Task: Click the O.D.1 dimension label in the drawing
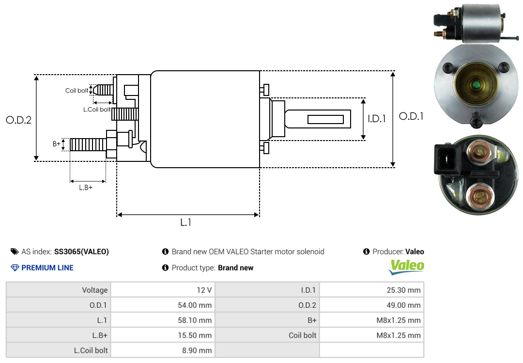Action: click(411, 116)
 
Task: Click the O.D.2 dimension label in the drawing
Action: click(18, 120)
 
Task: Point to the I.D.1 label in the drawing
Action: click(376, 118)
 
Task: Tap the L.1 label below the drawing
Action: click(186, 222)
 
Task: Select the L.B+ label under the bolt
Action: click(86, 187)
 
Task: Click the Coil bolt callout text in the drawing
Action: click(77, 91)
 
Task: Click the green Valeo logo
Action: click(407, 266)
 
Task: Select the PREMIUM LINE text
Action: click(47, 268)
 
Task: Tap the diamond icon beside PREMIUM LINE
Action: click(15, 268)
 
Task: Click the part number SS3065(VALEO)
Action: click(81, 252)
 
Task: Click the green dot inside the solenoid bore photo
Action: click(476, 86)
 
